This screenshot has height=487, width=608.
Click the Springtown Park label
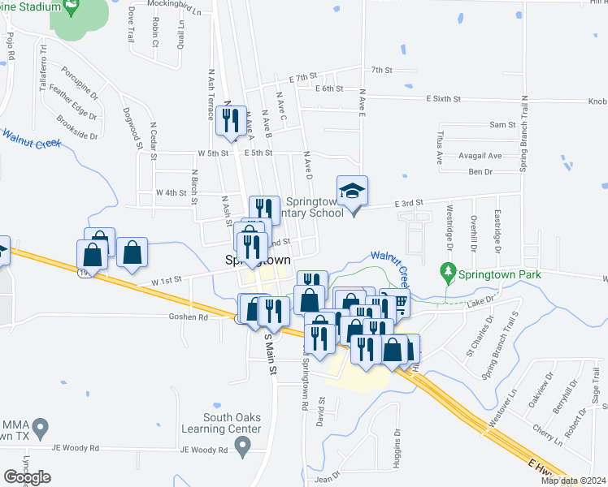point(498,275)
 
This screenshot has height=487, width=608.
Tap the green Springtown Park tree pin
point(445,269)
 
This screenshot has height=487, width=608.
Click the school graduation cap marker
point(352,192)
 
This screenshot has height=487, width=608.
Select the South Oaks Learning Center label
point(232,423)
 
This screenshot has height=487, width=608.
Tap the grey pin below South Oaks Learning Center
point(241,445)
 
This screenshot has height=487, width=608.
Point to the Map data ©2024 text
point(572,481)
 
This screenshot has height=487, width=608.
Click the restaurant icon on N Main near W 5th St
point(227,122)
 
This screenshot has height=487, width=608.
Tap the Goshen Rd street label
point(189,317)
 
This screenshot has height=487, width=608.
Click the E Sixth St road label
point(444,98)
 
